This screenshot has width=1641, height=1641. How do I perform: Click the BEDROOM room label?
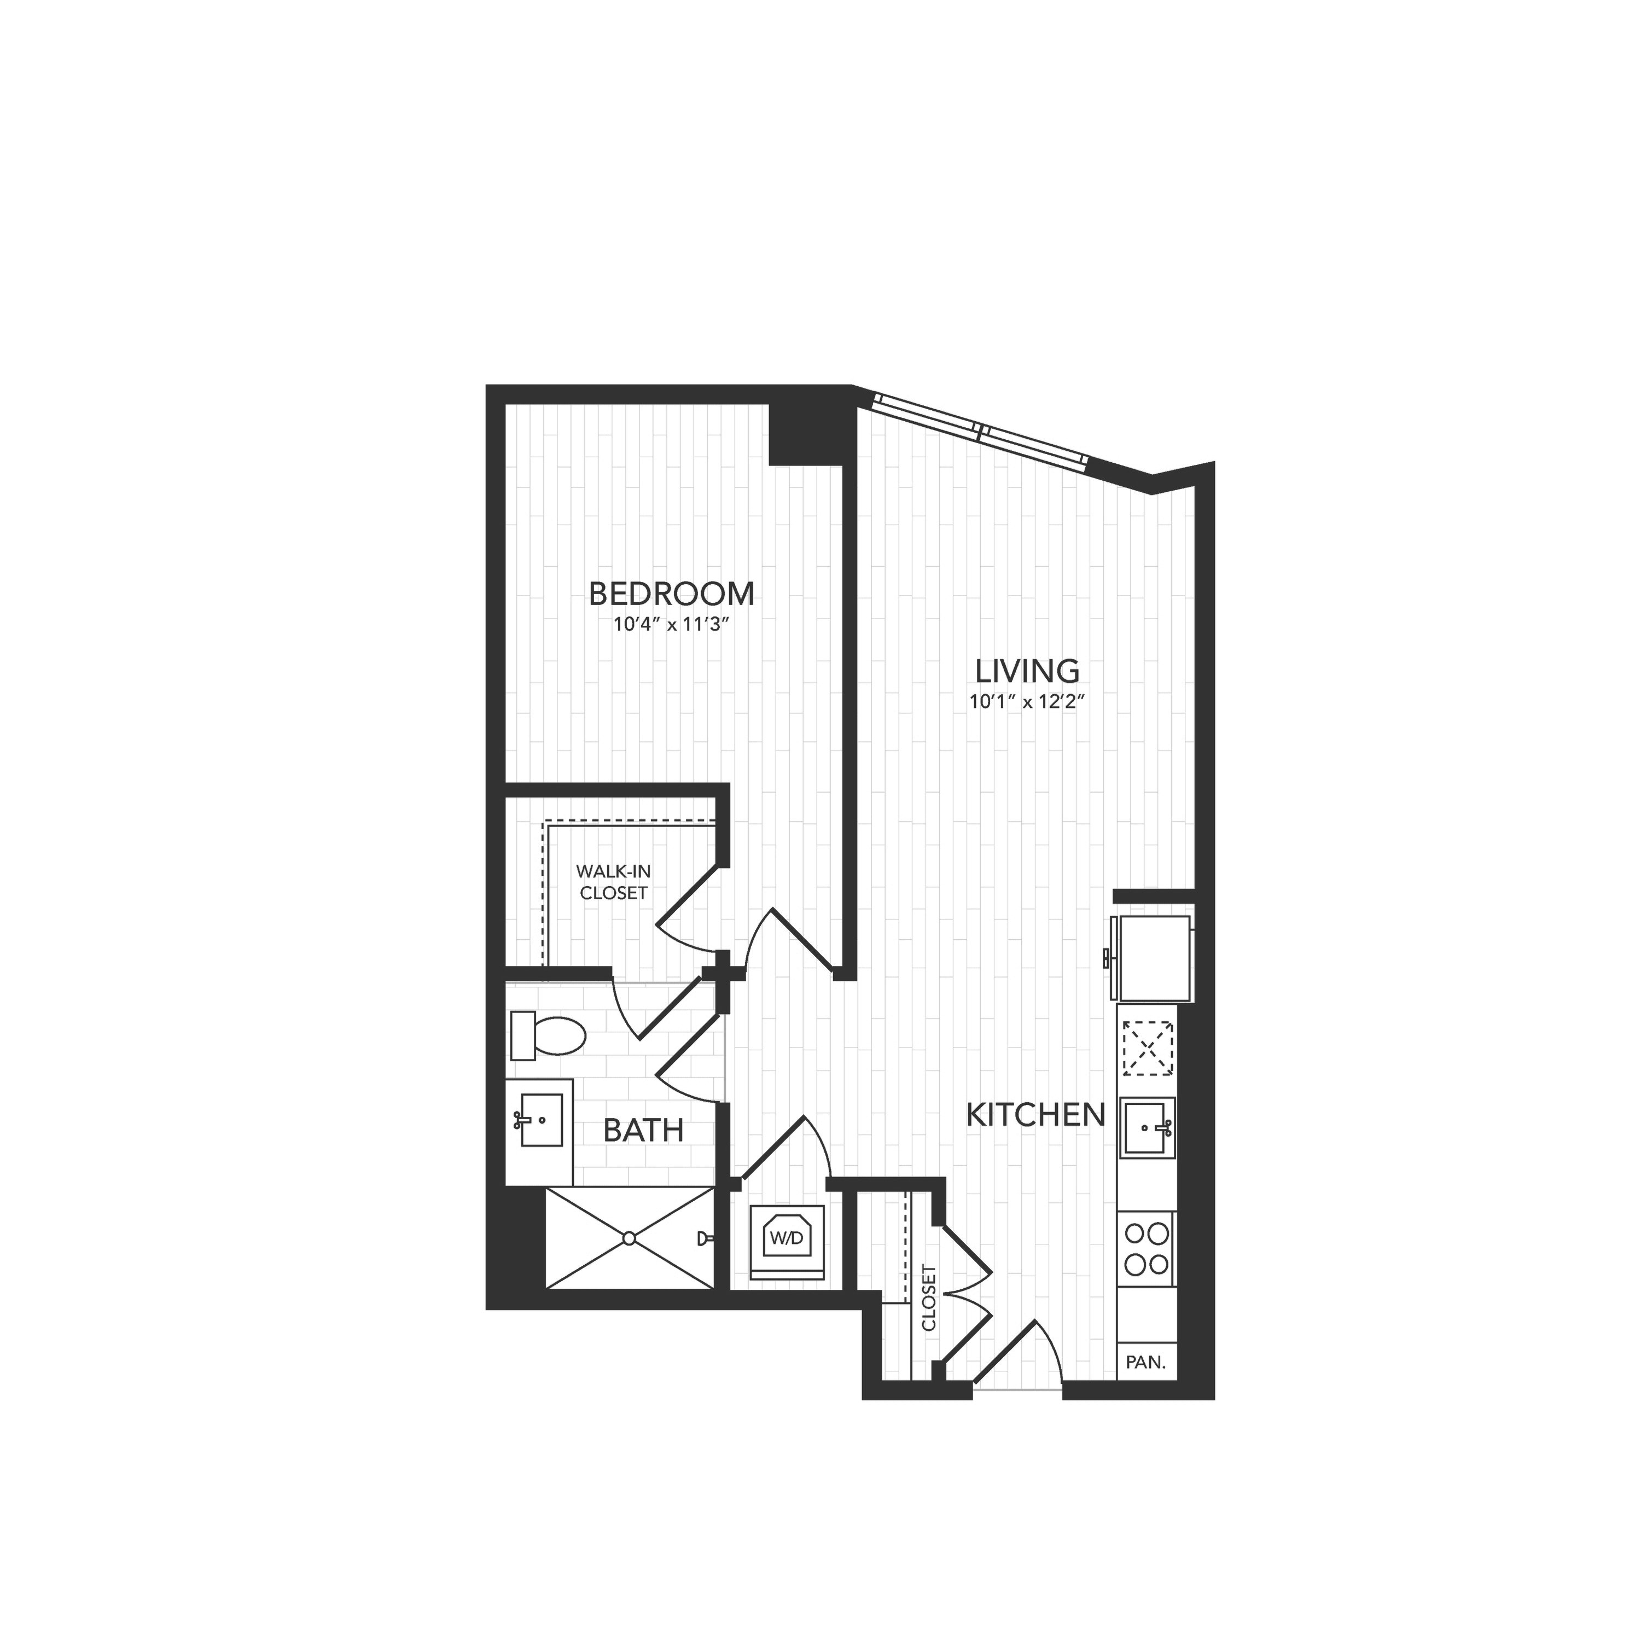[x=671, y=593]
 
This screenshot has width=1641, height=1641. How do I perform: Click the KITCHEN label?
[x=1036, y=1114]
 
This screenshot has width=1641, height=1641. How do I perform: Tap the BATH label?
[x=643, y=1131]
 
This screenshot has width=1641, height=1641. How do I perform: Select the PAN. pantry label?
[x=1145, y=1363]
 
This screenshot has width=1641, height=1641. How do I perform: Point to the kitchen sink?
[x=1148, y=1128]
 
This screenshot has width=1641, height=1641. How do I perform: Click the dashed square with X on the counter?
[x=1147, y=1049]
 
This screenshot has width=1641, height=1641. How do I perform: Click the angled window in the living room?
[x=981, y=430]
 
